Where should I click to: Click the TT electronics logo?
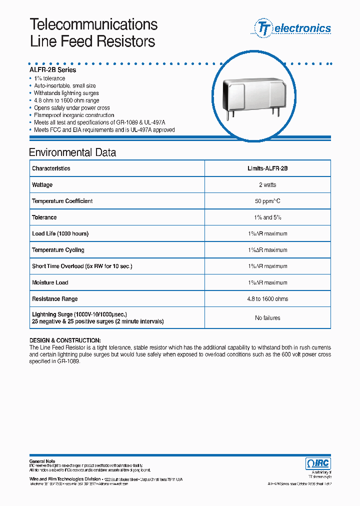(x=293, y=28)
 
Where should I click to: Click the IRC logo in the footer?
(x=317, y=463)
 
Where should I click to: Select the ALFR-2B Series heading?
(x=52, y=70)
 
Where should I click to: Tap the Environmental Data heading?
(x=72, y=152)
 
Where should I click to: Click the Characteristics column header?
(x=51, y=168)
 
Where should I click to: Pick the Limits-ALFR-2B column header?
(x=267, y=168)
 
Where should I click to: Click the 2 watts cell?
(x=267, y=185)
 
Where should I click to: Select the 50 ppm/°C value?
(x=267, y=201)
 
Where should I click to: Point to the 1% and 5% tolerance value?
(x=267, y=217)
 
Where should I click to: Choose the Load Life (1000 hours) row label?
(x=60, y=233)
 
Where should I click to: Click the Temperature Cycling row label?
(x=58, y=250)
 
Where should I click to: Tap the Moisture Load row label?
(x=50, y=282)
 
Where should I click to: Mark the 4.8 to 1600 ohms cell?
(x=267, y=299)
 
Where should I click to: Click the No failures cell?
(x=267, y=318)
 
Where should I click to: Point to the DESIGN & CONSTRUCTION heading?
(x=65, y=340)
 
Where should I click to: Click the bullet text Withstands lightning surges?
(x=66, y=93)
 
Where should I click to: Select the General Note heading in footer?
(x=42, y=461)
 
